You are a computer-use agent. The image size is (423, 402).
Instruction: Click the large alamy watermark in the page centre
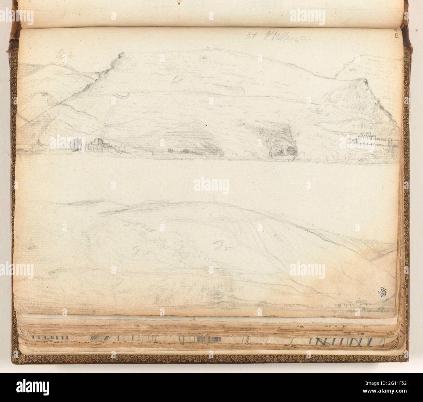pyautogui.click(x=211, y=185)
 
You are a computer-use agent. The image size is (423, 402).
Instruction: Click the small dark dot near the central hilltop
pyautogui.click(x=204, y=57)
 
